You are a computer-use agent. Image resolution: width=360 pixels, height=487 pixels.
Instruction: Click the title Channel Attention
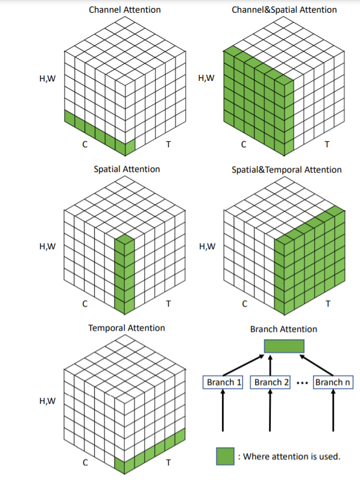(x=125, y=10)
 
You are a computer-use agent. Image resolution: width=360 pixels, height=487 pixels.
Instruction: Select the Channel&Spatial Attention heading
(x=284, y=10)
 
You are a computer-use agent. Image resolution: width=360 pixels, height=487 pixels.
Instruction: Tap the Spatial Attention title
(x=127, y=169)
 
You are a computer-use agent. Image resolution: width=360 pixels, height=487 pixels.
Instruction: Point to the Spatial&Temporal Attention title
(x=286, y=170)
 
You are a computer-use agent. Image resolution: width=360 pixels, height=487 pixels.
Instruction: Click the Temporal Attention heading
(x=127, y=328)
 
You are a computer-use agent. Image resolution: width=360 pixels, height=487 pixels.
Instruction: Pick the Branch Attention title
(x=283, y=329)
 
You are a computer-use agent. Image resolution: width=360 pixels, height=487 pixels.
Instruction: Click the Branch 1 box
(x=223, y=383)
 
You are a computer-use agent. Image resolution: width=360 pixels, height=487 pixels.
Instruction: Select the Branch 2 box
(x=270, y=383)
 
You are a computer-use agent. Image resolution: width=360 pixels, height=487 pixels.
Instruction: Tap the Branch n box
(x=333, y=383)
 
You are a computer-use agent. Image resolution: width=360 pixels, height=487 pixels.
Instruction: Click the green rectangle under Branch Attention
(x=284, y=346)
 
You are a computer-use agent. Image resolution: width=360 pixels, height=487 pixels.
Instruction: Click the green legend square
(x=226, y=456)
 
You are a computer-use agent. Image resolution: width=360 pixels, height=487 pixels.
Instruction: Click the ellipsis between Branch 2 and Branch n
(x=302, y=383)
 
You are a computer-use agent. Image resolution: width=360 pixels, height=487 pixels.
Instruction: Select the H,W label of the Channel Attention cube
(x=48, y=78)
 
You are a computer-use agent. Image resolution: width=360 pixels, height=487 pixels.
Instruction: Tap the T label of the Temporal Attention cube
(x=168, y=463)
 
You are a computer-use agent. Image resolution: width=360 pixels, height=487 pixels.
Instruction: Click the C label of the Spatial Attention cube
(x=85, y=304)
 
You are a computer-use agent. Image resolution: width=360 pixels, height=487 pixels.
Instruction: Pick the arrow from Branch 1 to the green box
(x=243, y=365)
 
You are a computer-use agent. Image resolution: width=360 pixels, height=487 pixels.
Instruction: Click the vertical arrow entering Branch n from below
(x=333, y=410)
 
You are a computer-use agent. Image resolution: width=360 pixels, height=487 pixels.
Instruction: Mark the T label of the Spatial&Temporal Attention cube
(x=328, y=304)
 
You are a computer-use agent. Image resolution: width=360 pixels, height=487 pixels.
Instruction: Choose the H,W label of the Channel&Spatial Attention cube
(x=206, y=78)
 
